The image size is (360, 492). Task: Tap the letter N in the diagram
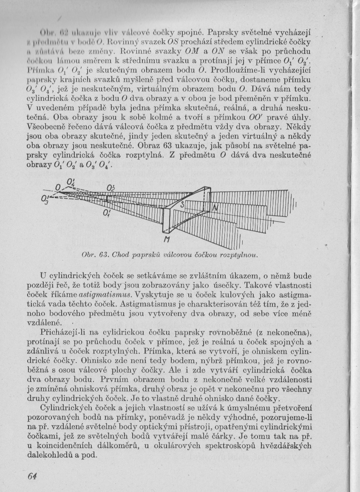215,207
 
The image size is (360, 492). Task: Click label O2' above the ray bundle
112,187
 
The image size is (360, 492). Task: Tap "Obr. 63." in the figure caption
92,255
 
